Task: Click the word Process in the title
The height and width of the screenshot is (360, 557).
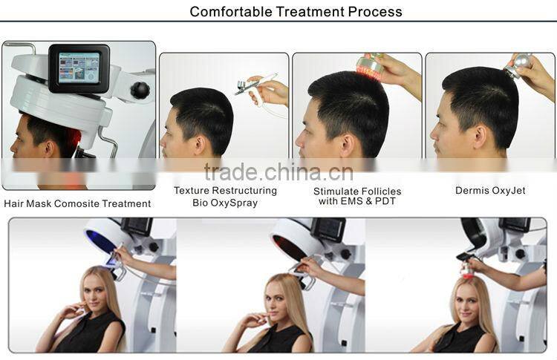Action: click(x=376, y=11)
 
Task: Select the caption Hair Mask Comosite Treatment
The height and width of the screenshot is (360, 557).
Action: click(x=77, y=203)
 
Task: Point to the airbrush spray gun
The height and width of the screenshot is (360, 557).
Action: click(x=256, y=85)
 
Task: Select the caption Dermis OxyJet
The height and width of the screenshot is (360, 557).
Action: click(x=490, y=191)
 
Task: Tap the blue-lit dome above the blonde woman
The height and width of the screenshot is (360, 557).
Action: click(x=104, y=238)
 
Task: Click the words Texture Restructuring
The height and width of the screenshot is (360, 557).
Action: click(x=225, y=191)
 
